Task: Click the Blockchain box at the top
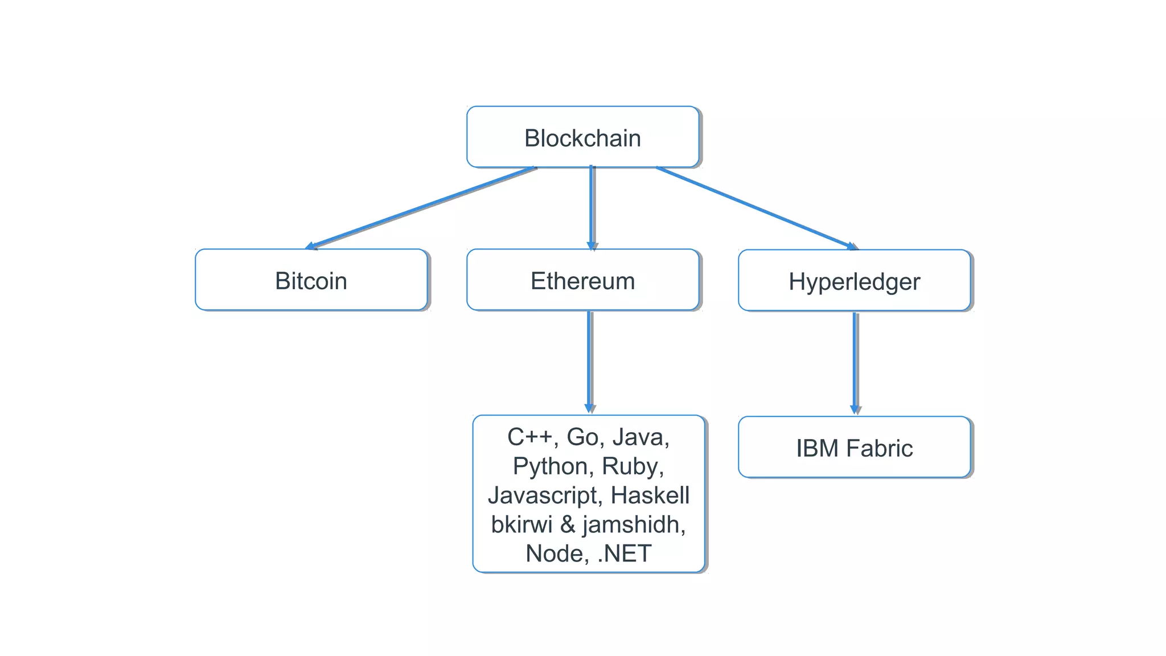(582, 137)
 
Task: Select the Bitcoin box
(311, 280)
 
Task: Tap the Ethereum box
(582, 280)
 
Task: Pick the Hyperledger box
(854, 281)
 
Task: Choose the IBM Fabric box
(854, 448)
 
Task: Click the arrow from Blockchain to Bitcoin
(421, 207)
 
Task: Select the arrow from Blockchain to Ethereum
(592, 208)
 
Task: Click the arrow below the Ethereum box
(589, 361)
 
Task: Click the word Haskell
(650, 495)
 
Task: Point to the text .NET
(625, 553)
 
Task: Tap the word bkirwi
(522, 524)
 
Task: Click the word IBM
(816, 448)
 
